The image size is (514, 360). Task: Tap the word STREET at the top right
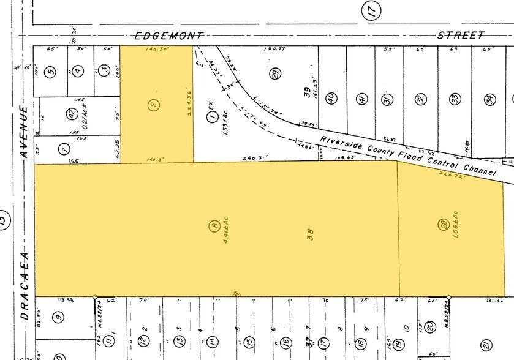[461, 36]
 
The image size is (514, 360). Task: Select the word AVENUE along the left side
[25, 132]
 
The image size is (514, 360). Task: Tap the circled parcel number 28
[442, 225]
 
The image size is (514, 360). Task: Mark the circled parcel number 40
[331, 97]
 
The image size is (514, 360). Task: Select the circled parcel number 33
[454, 99]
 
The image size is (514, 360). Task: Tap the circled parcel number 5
[51, 71]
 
